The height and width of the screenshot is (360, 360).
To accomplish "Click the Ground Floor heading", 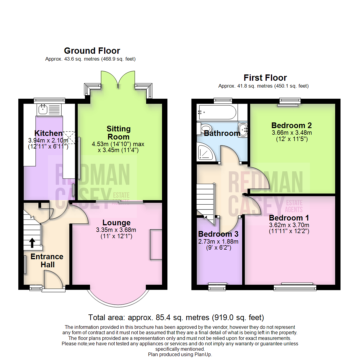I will coord(92,51).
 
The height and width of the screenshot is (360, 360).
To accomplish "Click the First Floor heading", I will coord(265,78).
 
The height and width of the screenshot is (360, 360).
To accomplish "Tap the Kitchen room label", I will coord(48,133).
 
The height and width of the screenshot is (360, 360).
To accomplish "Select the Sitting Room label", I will coord(118,132).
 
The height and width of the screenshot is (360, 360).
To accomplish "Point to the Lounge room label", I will coord(116,222).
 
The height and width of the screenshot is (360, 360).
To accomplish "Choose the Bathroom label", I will coord(222,134).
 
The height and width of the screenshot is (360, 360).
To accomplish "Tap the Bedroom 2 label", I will coord(291,125).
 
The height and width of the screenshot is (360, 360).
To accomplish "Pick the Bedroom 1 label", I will coord(289,218).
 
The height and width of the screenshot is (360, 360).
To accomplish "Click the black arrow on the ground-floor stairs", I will coord(32,242).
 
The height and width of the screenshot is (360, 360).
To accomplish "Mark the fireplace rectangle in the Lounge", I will coord(155,244).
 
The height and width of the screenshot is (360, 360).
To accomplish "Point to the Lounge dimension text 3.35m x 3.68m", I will coord(116,230).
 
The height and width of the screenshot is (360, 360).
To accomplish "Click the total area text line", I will coord(176,317).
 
